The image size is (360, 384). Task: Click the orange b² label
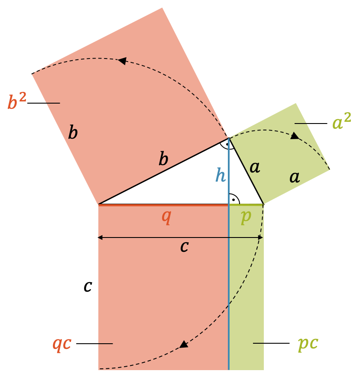click(x=17, y=102)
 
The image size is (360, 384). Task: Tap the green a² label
click(x=341, y=123)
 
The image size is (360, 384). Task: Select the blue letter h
click(x=220, y=175)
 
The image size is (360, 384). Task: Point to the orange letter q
click(x=166, y=216)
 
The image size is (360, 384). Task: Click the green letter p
click(x=246, y=216)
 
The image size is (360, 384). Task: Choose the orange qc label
click(x=62, y=343)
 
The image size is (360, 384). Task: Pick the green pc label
click(x=308, y=343)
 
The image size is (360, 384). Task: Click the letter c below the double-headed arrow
click(x=184, y=247)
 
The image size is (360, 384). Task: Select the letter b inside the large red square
click(x=73, y=133)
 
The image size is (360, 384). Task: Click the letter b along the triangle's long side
click(x=163, y=159)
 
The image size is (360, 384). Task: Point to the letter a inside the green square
click(x=295, y=177)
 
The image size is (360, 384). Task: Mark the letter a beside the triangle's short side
click(x=255, y=167)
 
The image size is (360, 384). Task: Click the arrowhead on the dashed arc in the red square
click(x=122, y=61)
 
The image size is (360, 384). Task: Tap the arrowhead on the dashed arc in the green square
click(x=295, y=136)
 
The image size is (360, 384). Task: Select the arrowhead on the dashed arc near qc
click(x=184, y=345)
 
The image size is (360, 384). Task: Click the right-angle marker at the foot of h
click(x=234, y=199)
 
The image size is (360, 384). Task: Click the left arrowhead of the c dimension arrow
click(x=100, y=238)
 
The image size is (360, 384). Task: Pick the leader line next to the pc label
click(x=271, y=343)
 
